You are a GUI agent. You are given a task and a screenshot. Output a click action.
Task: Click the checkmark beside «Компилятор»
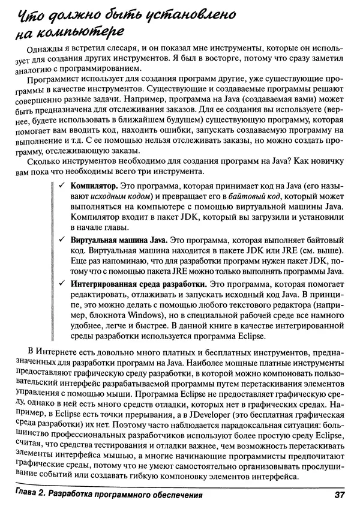[62, 190]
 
